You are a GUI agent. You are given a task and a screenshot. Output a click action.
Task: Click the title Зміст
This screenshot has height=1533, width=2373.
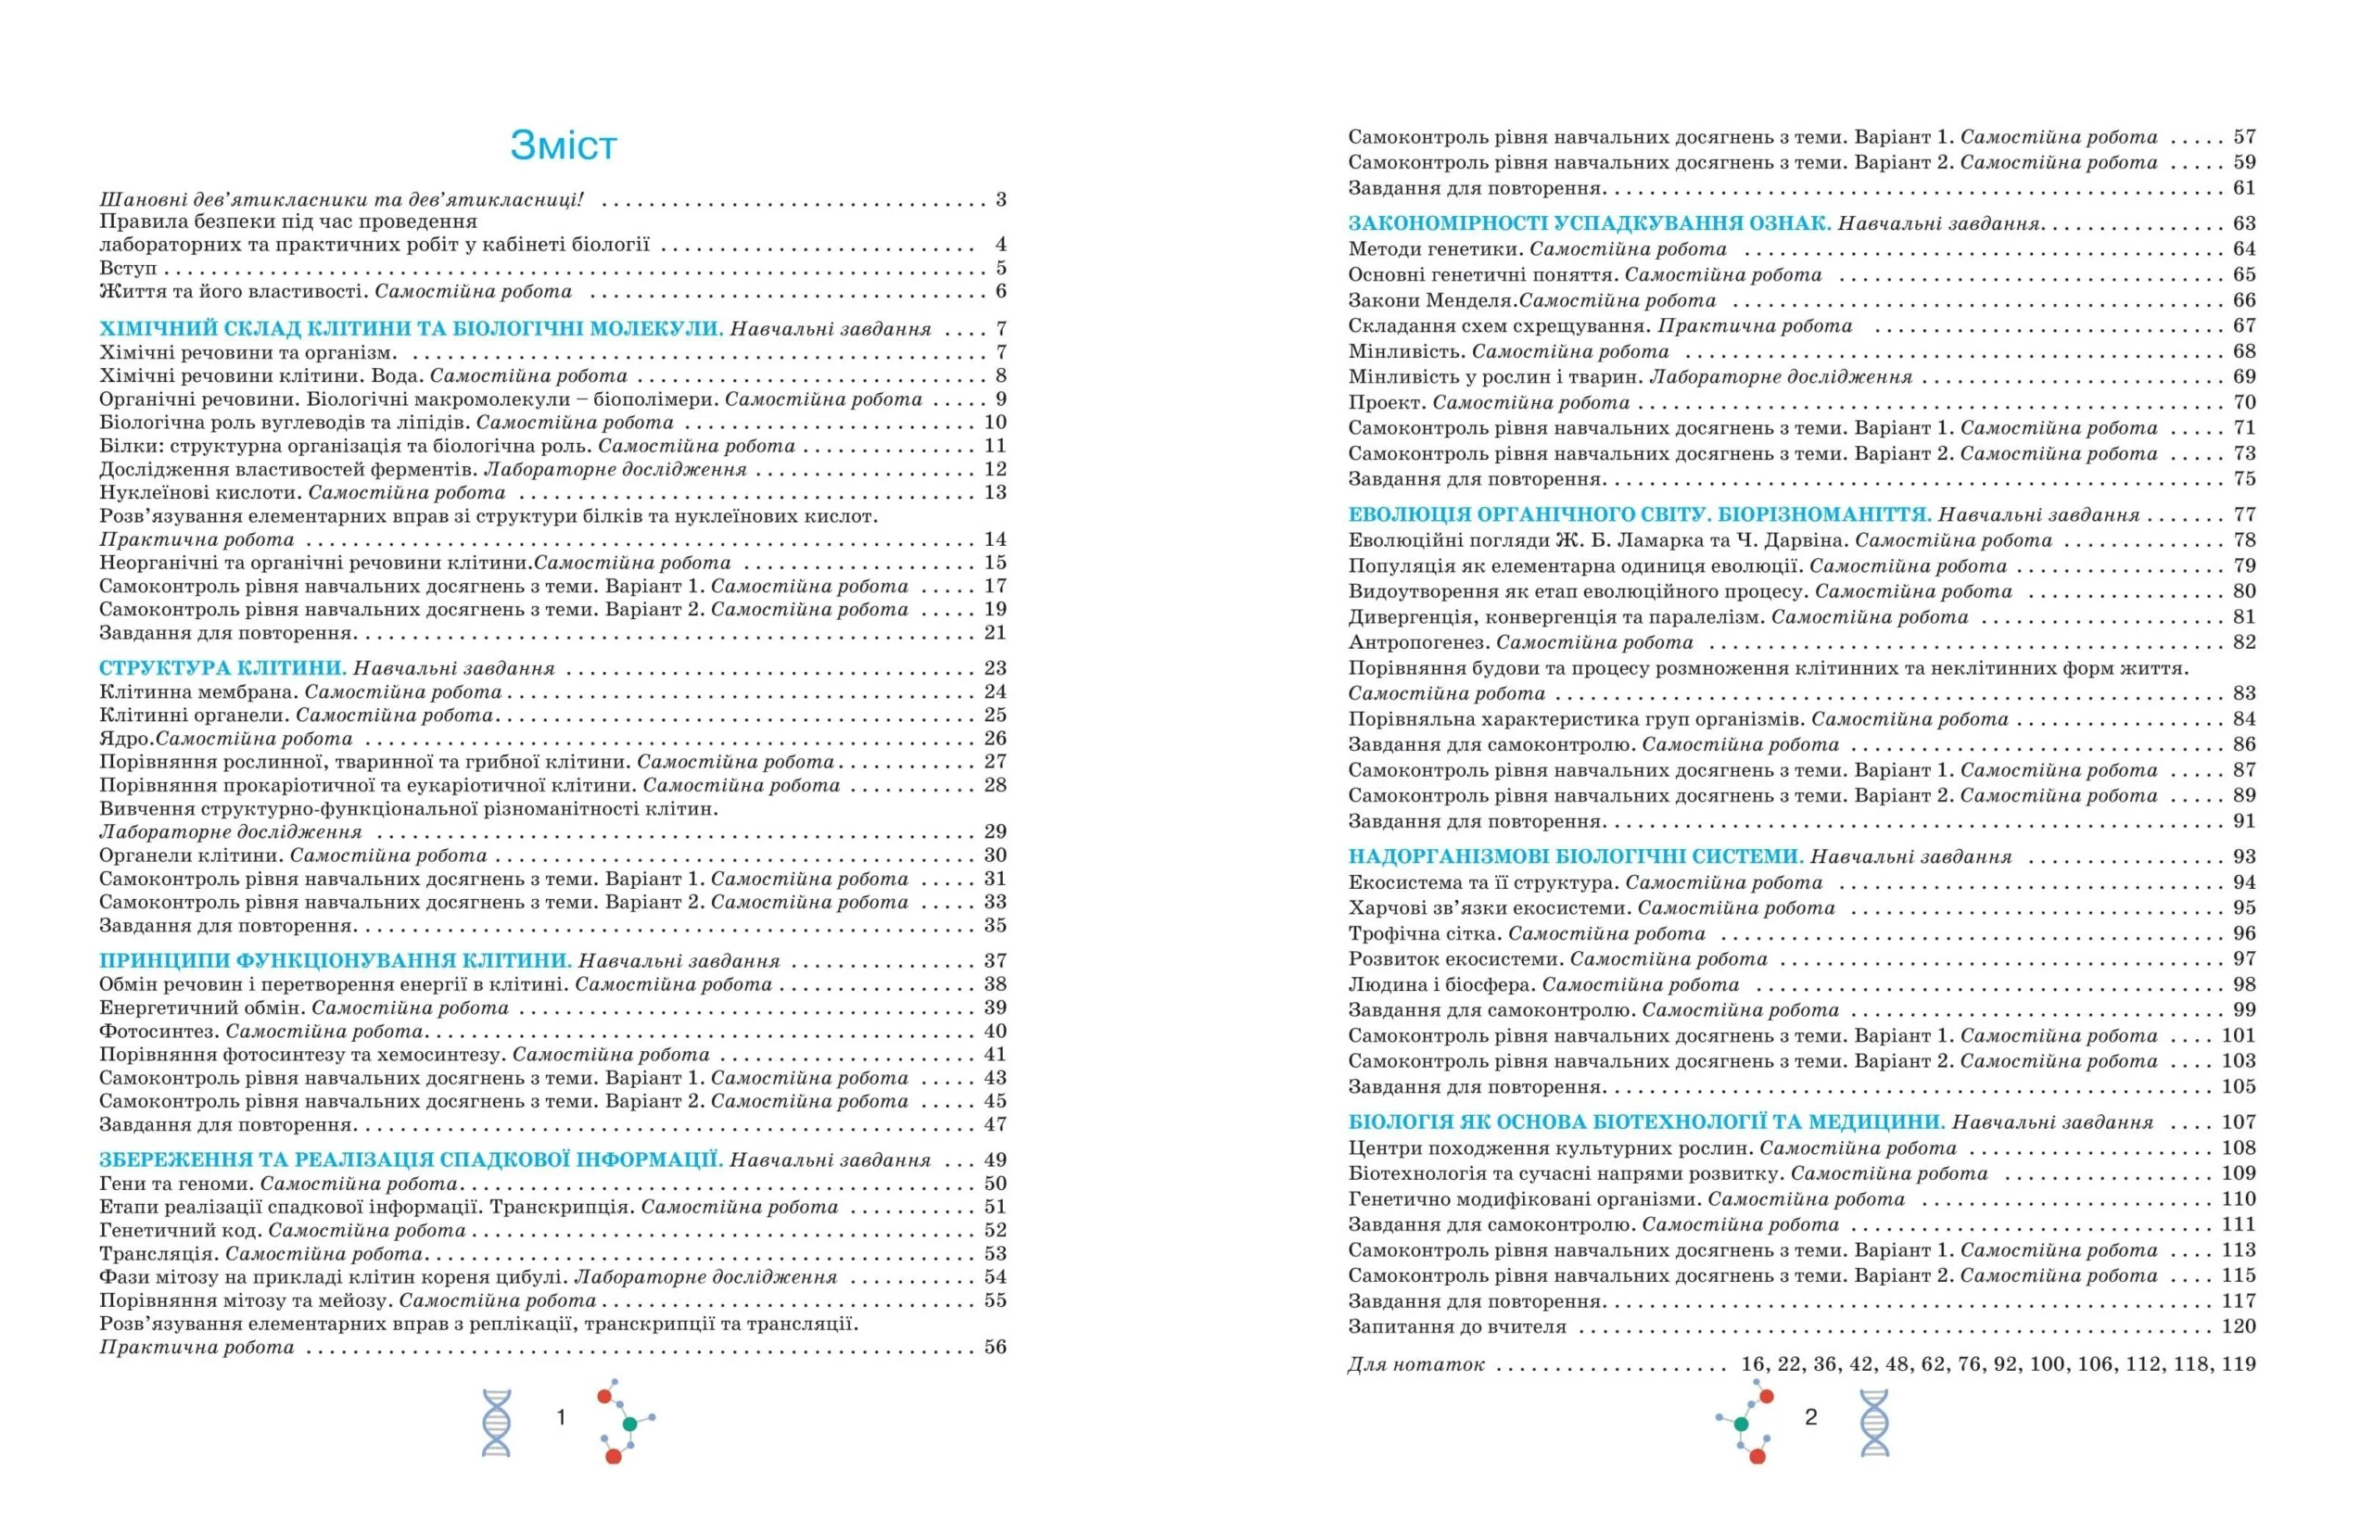coord(564,146)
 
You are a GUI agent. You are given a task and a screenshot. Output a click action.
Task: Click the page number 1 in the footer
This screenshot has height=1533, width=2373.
coord(562,1417)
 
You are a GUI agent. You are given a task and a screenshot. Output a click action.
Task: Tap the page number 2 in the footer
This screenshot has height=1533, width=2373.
coord(1810,1417)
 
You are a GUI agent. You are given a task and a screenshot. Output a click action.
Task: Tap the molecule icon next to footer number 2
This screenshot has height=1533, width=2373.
coord(1747,1422)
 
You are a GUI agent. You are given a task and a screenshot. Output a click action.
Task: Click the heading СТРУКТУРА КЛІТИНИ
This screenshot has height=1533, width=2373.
coord(222,668)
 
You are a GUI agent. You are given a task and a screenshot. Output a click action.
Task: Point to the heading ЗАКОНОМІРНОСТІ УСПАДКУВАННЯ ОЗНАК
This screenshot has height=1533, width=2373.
coord(1589,223)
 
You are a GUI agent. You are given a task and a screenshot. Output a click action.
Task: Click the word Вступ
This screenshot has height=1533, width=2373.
coord(127,268)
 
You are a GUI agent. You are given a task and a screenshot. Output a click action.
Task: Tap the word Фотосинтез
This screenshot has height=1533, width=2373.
coord(159,1032)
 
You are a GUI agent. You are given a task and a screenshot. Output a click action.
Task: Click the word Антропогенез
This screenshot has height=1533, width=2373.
coord(1418,642)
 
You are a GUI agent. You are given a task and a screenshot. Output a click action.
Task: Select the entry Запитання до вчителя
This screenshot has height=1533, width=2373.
coord(1457,1326)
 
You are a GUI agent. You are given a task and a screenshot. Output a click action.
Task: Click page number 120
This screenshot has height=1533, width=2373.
coord(2239,1326)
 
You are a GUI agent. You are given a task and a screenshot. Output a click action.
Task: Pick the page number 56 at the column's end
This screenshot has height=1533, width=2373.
coord(996,1347)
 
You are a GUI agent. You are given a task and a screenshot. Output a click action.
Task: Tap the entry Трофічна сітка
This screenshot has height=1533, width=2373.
coord(1425,932)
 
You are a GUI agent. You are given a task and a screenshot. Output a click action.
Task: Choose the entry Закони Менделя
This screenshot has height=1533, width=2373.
coord(1431,299)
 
